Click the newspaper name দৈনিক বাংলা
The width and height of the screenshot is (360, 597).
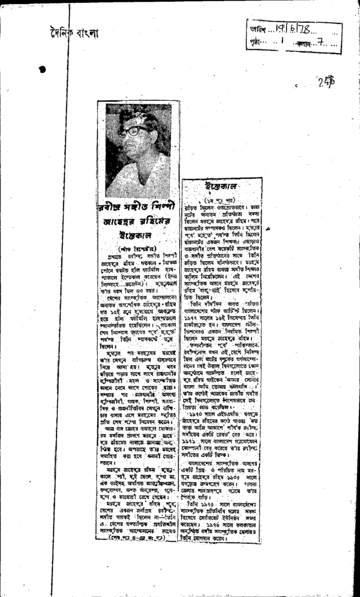[x=73, y=33]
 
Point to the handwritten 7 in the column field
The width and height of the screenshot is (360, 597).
[x=318, y=43]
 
